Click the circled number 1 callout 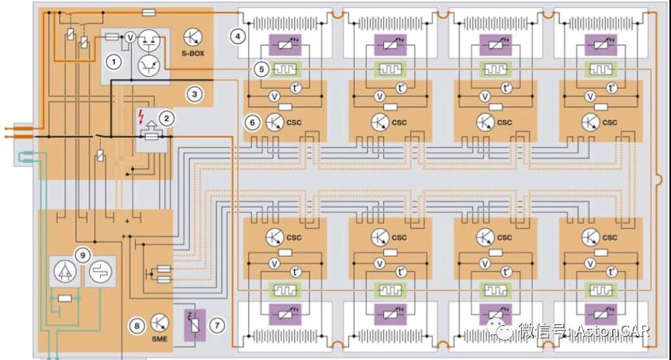114,61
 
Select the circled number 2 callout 165,118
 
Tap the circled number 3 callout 195,94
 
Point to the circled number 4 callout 237,36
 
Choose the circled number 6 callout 251,122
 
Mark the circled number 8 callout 137,327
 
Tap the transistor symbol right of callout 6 274,122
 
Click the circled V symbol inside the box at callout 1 131,36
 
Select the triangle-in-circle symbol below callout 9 64,272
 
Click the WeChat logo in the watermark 504,331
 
